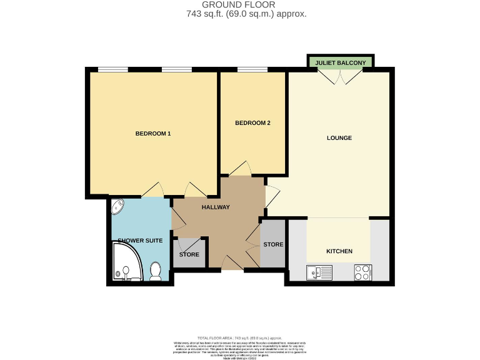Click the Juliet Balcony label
(341, 62)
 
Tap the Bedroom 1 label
(153, 134)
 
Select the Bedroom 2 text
(252, 123)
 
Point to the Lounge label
(339, 138)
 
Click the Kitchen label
(339, 251)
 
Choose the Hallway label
(216, 207)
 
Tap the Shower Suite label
(140, 241)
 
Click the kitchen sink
(317, 272)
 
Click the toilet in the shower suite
(156, 271)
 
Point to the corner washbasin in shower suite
(118, 206)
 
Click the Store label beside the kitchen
(273, 244)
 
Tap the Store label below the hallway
(189, 254)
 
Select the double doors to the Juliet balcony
(341, 77)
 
